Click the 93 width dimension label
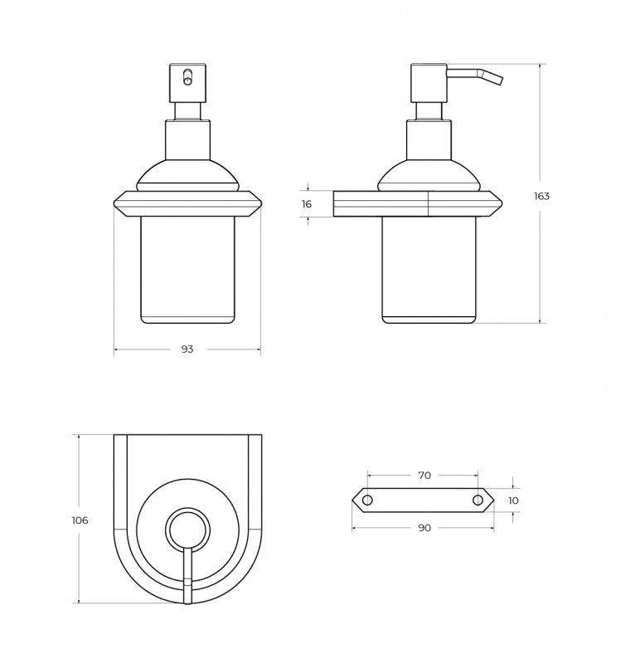(187, 349)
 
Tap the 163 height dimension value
(541, 196)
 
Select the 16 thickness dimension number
(307, 204)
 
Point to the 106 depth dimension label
(80, 520)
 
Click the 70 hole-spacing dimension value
(425, 476)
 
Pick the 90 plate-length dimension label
(425, 528)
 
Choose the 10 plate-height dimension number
(513, 500)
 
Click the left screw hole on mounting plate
(367, 500)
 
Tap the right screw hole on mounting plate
(478, 500)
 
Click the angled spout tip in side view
(502, 81)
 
